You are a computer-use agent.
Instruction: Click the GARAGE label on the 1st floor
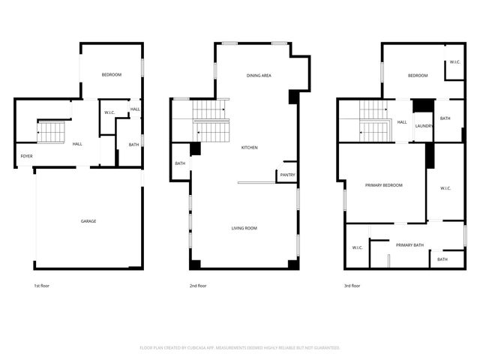click(x=88, y=221)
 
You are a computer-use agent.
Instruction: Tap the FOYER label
click(x=26, y=156)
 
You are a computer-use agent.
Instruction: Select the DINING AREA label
click(x=259, y=76)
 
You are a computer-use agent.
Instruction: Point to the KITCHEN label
click(x=249, y=148)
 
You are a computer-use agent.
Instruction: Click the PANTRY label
click(x=287, y=175)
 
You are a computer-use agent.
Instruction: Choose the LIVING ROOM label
click(x=244, y=228)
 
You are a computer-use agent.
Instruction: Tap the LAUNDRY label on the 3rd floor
click(x=424, y=126)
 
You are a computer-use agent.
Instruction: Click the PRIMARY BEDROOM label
click(x=384, y=184)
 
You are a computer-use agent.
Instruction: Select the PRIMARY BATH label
click(x=410, y=245)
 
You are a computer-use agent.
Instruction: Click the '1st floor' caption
click(x=42, y=286)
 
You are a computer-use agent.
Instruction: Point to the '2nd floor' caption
click(x=198, y=286)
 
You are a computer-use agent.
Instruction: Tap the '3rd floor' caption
click(x=352, y=286)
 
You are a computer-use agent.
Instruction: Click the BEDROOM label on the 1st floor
click(x=112, y=74)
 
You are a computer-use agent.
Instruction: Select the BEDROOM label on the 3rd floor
click(x=418, y=76)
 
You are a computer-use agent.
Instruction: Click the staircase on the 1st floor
click(x=52, y=132)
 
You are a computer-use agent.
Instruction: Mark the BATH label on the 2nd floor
click(x=180, y=163)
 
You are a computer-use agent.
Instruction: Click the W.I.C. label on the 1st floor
click(x=109, y=112)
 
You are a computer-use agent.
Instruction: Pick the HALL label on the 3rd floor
click(x=402, y=122)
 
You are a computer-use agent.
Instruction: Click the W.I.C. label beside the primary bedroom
click(x=445, y=188)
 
